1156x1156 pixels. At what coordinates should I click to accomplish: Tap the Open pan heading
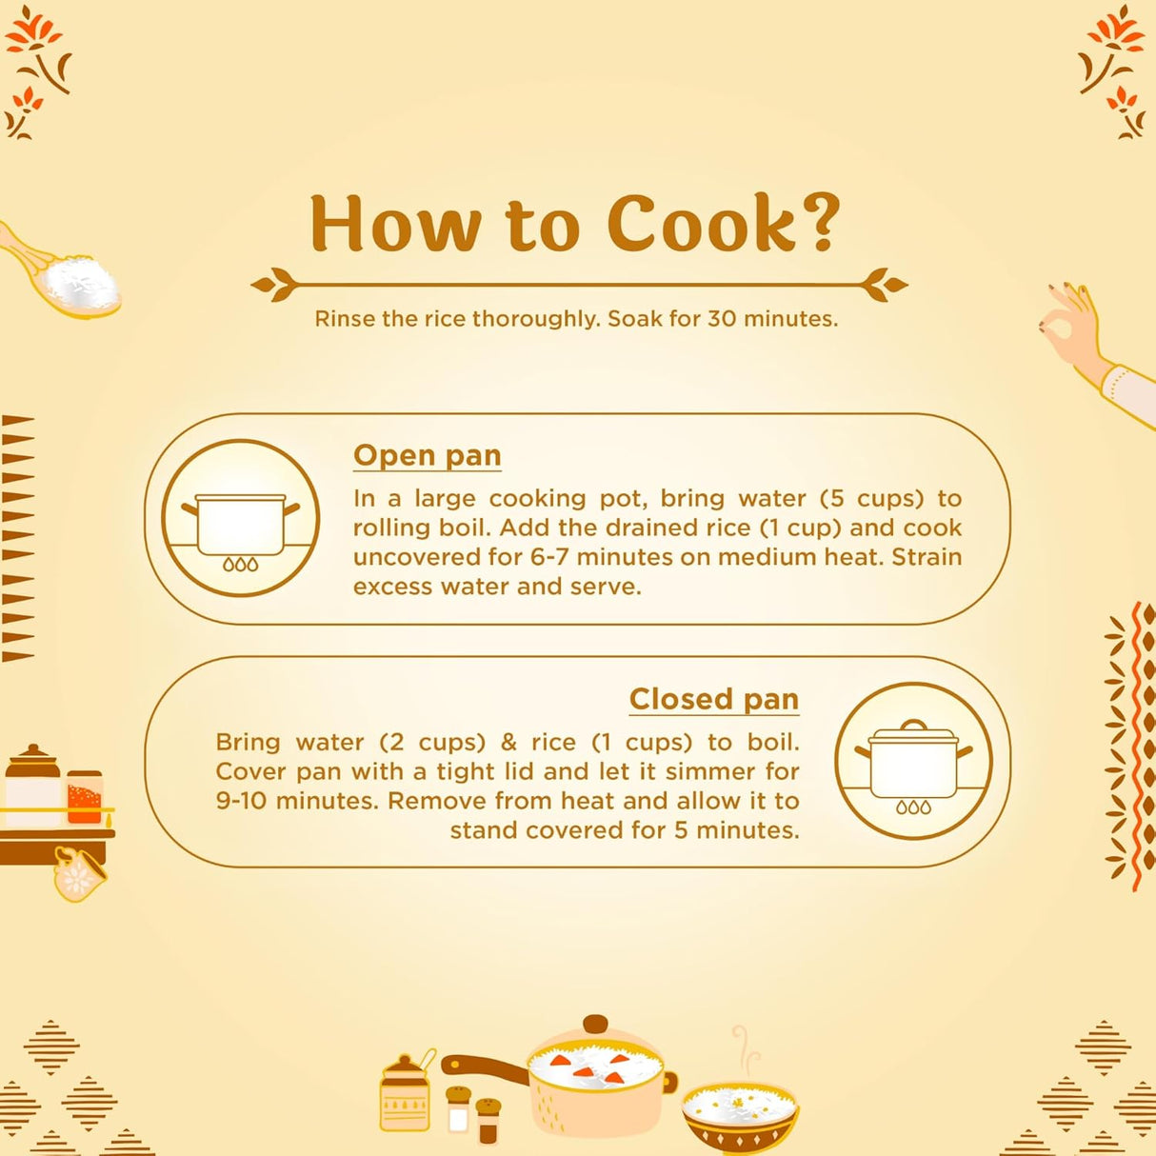(x=428, y=456)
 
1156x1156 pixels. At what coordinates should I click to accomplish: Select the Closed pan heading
(x=714, y=699)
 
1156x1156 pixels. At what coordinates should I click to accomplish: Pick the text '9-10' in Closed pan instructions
(x=241, y=801)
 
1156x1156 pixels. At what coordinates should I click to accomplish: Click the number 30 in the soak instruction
(x=721, y=319)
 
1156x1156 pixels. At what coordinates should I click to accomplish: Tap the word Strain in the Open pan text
(x=927, y=557)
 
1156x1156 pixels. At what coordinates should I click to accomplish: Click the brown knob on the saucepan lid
(x=594, y=1023)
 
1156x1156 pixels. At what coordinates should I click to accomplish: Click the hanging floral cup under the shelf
(x=79, y=873)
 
